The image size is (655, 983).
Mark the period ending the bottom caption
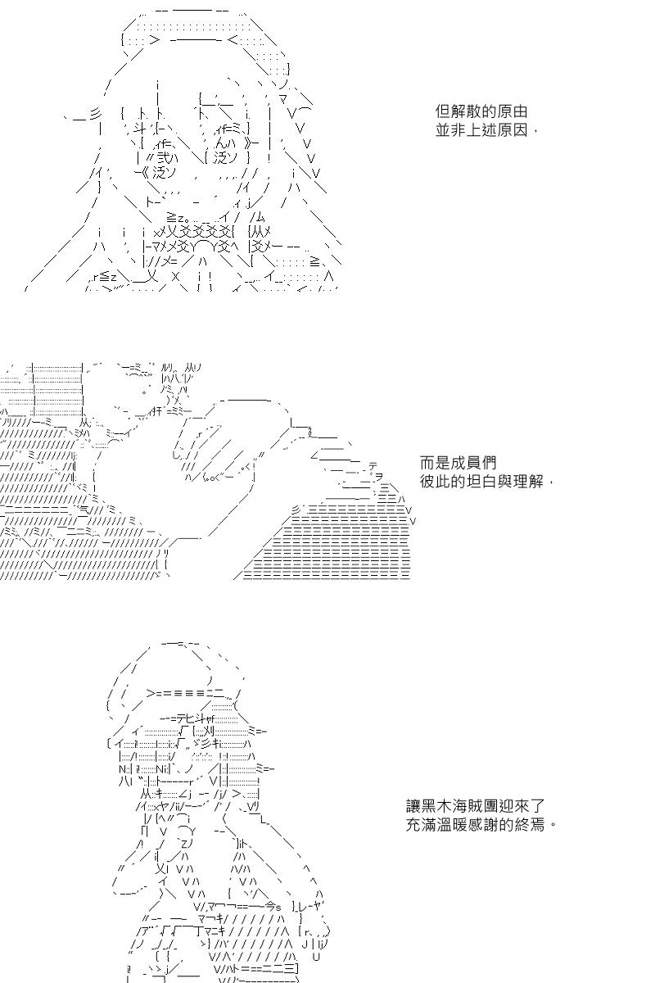tap(553, 826)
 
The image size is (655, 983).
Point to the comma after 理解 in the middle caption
tap(552, 483)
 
